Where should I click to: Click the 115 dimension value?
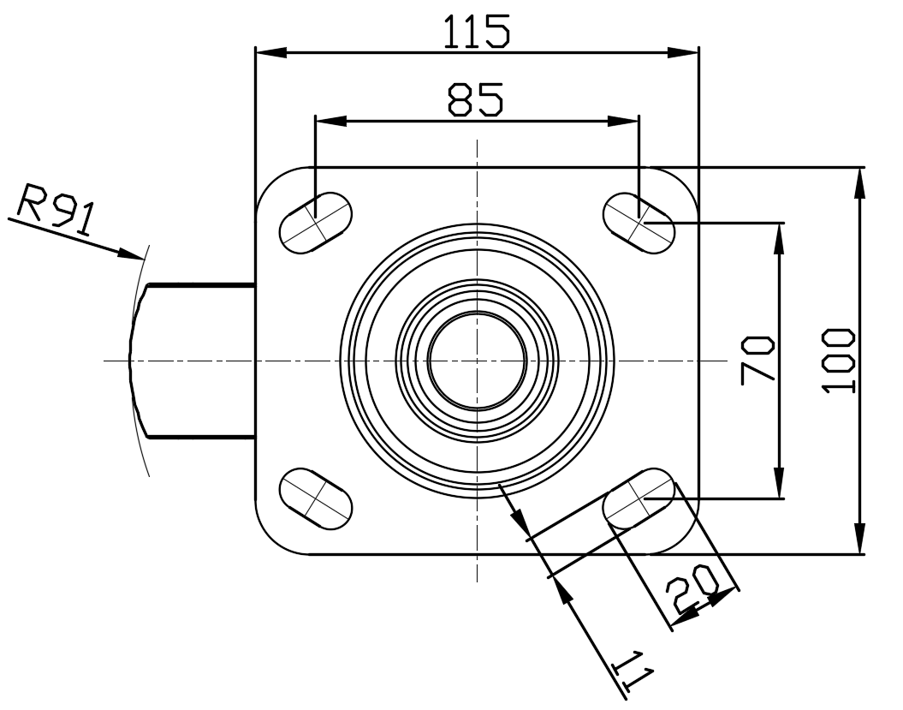point(476,32)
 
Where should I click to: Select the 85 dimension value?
point(476,99)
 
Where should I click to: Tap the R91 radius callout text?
point(55,210)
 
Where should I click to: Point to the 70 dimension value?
point(757,361)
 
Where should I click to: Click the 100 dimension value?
point(839,361)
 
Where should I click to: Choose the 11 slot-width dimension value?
point(633,671)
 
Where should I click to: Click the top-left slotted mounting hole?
point(316,221)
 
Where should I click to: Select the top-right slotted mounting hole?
point(639,222)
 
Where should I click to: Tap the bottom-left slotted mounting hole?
point(316,498)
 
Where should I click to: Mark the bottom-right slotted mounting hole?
point(639,498)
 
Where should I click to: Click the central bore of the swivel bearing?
point(477,361)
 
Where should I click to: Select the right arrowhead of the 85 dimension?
point(623,121)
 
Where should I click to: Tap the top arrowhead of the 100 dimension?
point(859,183)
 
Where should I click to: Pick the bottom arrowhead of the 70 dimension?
point(780,482)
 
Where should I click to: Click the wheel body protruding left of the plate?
point(192,361)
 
